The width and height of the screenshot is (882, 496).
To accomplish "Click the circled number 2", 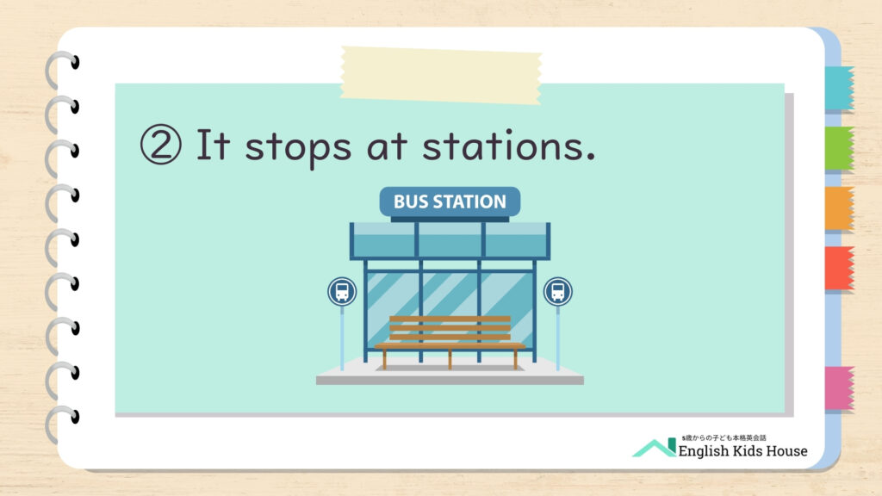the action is pyautogui.click(x=161, y=145).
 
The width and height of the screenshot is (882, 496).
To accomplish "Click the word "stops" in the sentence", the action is pyautogui.click(x=298, y=148).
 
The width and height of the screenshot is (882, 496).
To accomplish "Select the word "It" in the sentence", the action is pyautogui.click(x=213, y=145).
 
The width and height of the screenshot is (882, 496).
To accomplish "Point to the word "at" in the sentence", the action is pyautogui.click(x=387, y=146).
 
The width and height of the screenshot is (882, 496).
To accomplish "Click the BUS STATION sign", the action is pyautogui.click(x=450, y=201).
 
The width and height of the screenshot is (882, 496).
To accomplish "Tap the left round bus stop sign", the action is pyautogui.click(x=342, y=292).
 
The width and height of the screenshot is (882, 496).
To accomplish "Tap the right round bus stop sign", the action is pyautogui.click(x=558, y=292).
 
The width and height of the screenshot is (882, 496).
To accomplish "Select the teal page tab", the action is pyautogui.click(x=839, y=88).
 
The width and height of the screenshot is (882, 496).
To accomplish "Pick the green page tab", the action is pyautogui.click(x=839, y=148).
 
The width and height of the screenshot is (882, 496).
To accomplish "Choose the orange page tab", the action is pyautogui.click(x=839, y=208).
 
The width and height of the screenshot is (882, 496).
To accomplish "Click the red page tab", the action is pyautogui.click(x=839, y=269).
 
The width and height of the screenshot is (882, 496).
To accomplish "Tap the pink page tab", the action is pyautogui.click(x=839, y=388).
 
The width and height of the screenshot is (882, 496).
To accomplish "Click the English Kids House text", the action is pyautogui.click(x=742, y=451).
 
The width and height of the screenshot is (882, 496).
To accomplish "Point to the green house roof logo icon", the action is pyautogui.click(x=655, y=448).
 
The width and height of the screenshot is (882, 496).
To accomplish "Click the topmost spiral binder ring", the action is pyautogui.click(x=61, y=70).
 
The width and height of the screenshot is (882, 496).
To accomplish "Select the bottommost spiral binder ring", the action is pyautogui.click(x=61, y=424).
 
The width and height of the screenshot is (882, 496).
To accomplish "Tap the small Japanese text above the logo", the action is pyautogui.click(x=724, y=437).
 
